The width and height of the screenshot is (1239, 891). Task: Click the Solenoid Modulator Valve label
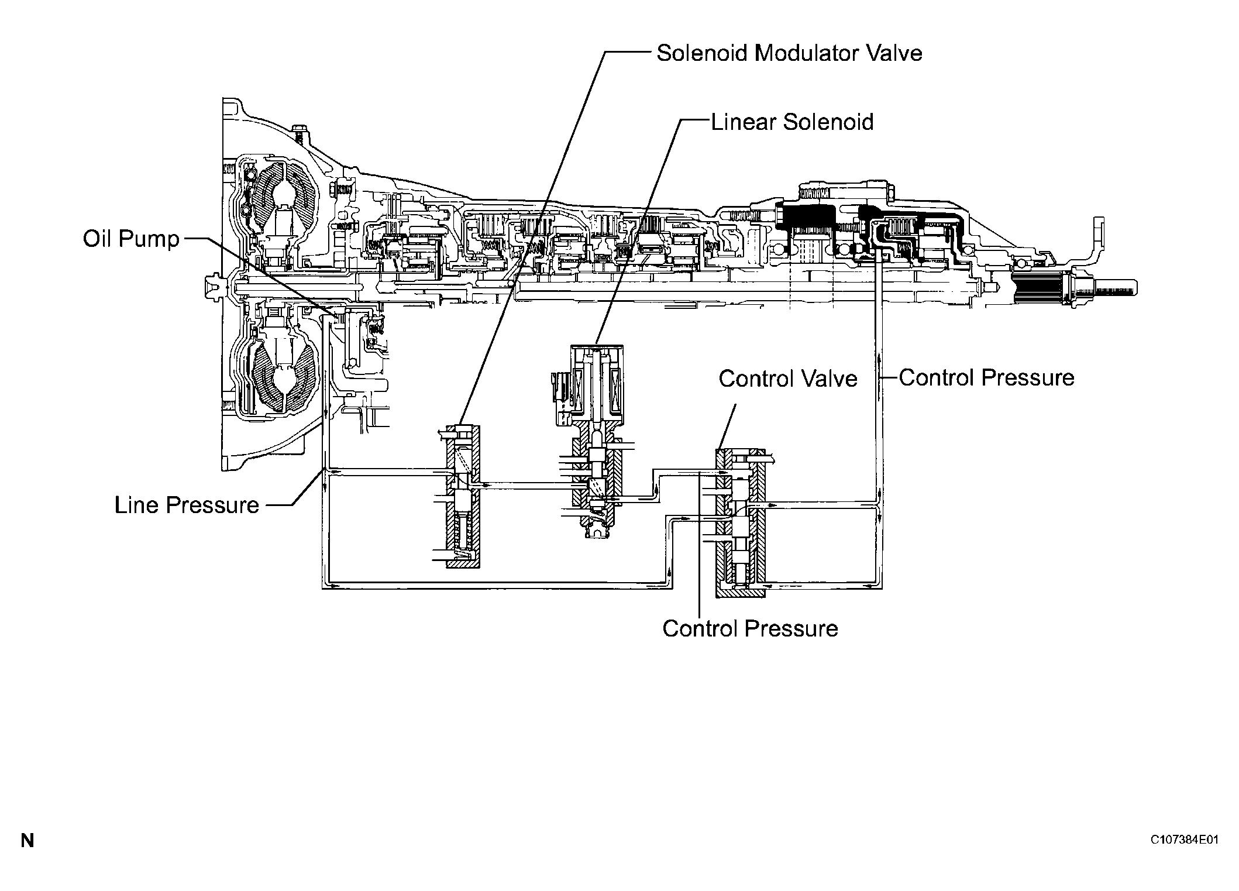789,53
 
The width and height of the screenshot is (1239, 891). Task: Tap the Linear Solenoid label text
792,123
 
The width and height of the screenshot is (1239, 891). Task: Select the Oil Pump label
131,239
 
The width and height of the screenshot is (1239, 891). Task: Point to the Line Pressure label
187,505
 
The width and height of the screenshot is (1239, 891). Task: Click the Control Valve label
787,379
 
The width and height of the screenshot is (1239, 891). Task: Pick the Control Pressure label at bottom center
750,629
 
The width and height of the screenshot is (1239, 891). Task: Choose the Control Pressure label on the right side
986,378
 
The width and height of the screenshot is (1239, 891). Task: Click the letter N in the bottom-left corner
27,841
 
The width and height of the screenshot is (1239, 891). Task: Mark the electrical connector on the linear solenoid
557,389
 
